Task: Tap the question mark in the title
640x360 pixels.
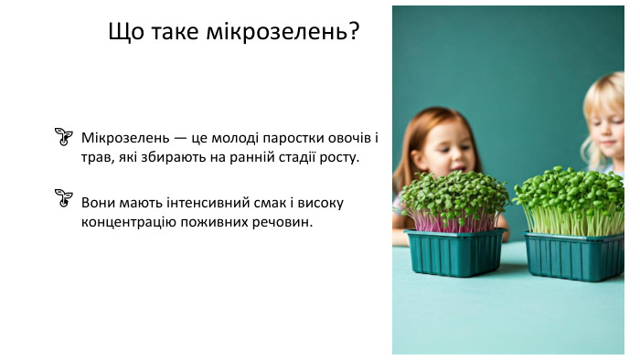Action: (x=352, y=32)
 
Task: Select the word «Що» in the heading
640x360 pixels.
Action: (x=126, y=32)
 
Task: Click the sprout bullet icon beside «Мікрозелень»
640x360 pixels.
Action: (x=63, y=137)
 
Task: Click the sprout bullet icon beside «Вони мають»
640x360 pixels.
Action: (x=63, y=196)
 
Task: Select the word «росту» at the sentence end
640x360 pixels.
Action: (x=337, y=157)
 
